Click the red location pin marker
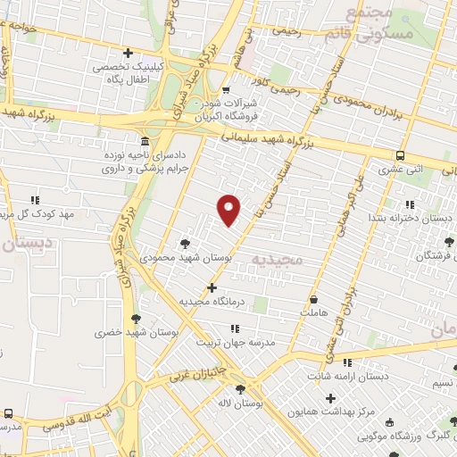pyautogui.click(x=229, y=209)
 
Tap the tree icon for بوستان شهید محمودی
pyautogui.click(x=185, y=242)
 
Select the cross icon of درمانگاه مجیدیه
pyautogui.click(x=212, y=287)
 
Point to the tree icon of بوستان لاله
pyautogui.click(x=240, y=389)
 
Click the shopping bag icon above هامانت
pyautogui.click(x=314, y=299)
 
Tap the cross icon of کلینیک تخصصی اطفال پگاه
pyautogui.click(x=129, y=53)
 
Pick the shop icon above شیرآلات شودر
pyautogui.click(x=226, y=89)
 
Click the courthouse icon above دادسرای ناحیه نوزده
pyautogui.click(x=145, y=141)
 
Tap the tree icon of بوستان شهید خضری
pyautogui.click(x=136, y=318)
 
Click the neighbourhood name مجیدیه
pyautogui.click(x=278, y=259)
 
